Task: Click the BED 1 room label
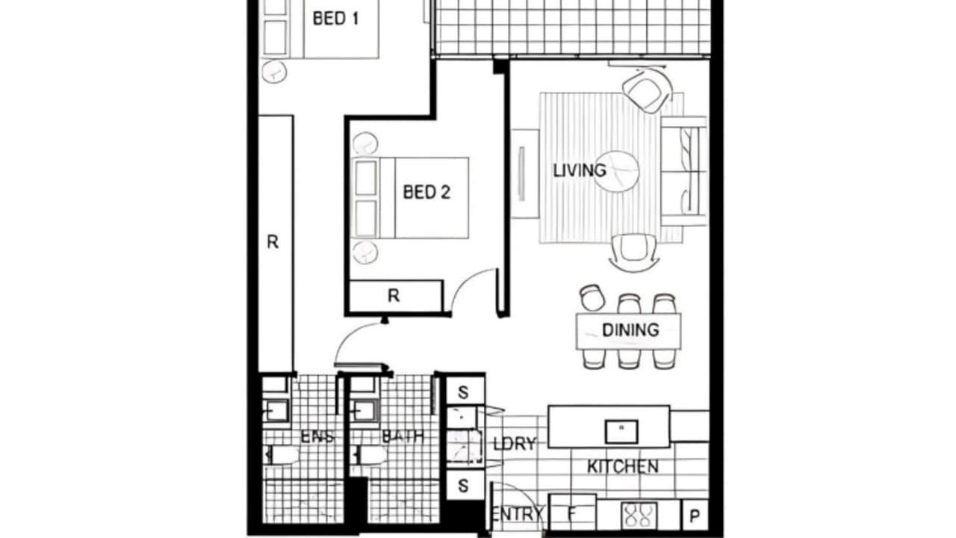(x=335, y=19)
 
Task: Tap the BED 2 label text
(x=426, y=192)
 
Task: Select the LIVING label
(x=579, y=170)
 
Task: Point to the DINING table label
(x=630, y=330)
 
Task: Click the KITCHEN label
(x=622, y=467)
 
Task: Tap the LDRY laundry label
(x=514, y=444)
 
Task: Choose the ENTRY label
(x=517, y=515)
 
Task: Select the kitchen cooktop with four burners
(x=637, y=516)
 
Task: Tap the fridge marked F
(x=572, y=515)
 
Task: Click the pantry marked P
(x=695, y=516)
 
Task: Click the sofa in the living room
(x=683, y=171)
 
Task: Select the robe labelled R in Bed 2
(x=394, y=296)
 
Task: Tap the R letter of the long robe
(x=273, y=242)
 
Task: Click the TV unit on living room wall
(x=524, y=173)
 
